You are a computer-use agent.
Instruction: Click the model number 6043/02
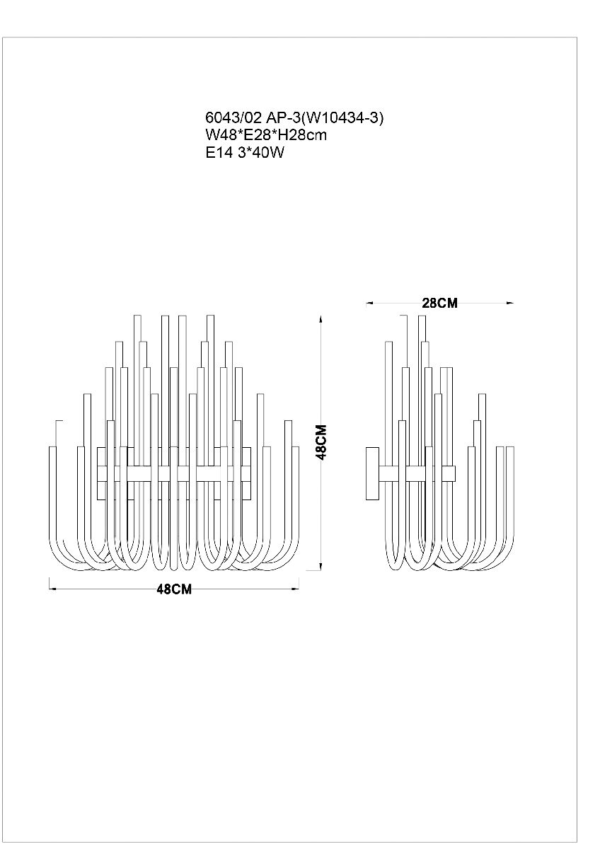pyautogui.click(x=233, y=118)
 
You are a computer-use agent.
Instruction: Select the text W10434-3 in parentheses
pyautogui.click(x=342, y=118)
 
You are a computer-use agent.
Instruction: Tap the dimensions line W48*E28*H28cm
pyautogui.click(x=266, y=135)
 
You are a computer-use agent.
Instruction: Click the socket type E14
pyautogui.click(x=219, y=152)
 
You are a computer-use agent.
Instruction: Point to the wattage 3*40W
pyautogui.click(x=261, y=152)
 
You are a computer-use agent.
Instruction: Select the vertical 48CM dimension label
pyautogui.click(x=321, y=442)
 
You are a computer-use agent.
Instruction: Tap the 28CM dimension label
pyautogui.click(x=439, y=303)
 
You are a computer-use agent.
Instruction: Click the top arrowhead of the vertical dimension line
pyautogui.click(x=321, y=319)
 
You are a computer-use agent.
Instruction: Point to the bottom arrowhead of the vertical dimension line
pyautogui.click(x=321, y=577)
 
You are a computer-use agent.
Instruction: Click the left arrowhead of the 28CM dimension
pyautogui.click(x=370, y=304)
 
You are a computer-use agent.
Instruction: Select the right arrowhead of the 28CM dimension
pyautogui.click(x=510, y=304)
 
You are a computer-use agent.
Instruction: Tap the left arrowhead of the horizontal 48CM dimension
pyautogui.click(x=53, y=589)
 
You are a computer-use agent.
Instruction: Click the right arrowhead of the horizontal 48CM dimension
pyautogui.click(x=295, y=589)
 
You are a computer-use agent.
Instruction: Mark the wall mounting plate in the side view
pyautogui.click(x=372, y=474)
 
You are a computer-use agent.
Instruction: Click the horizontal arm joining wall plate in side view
pyautogui.click(x=417, y=474)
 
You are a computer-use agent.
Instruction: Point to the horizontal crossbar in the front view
pyautogui.click(x=174, y=474)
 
